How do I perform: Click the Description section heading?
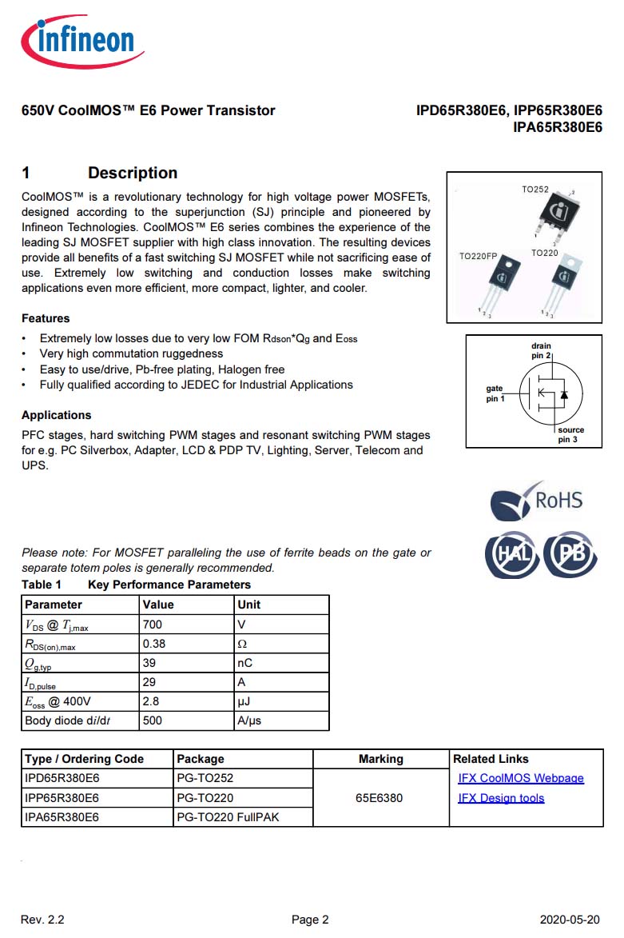click(x=132, y=173)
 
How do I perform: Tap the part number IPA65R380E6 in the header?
click(x=557, y=127)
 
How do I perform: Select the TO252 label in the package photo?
click(x=535, y=190)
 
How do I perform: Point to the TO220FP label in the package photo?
click(x=478, y=257)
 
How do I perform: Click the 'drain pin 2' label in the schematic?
click(x=541, y=351)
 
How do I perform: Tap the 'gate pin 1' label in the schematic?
click(x=495, y=393)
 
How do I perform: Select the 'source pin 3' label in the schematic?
click(x=570, y=435)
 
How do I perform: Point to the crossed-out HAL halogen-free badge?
click(x=511, y=554)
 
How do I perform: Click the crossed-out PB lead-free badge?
click(x=570, y=554)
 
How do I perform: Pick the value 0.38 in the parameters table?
click(x=154, y=644)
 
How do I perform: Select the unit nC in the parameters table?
click(x=245, y=663)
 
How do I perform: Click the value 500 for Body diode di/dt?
click(x=152, y=720)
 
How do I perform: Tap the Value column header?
click(x=158, y=605)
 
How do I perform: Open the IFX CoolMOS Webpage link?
click(x=520, y=778)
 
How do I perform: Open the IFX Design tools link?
click(x=501, y=798)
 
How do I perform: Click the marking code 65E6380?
click(x=380, y=798)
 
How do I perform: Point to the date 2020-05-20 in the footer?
click(x=569, y=920)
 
